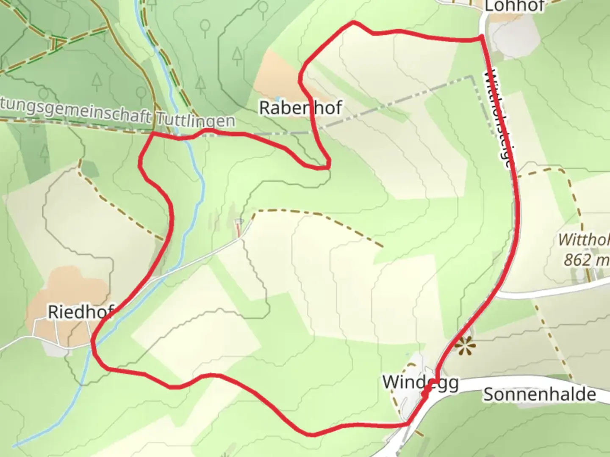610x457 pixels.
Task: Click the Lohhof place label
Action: [514, 6]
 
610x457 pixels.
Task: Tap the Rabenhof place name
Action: [300, 108]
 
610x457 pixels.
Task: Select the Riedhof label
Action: [80, 312]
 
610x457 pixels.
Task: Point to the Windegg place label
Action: [420, 382]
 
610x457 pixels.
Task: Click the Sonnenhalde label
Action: [540, 394]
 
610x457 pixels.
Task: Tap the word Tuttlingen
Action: [195, 120]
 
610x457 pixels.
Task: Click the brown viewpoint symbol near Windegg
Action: [465, 346]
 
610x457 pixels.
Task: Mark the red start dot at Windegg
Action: [425, 394]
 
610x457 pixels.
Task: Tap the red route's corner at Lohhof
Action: [481, 38]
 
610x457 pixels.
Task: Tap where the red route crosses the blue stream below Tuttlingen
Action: [187, 137]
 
